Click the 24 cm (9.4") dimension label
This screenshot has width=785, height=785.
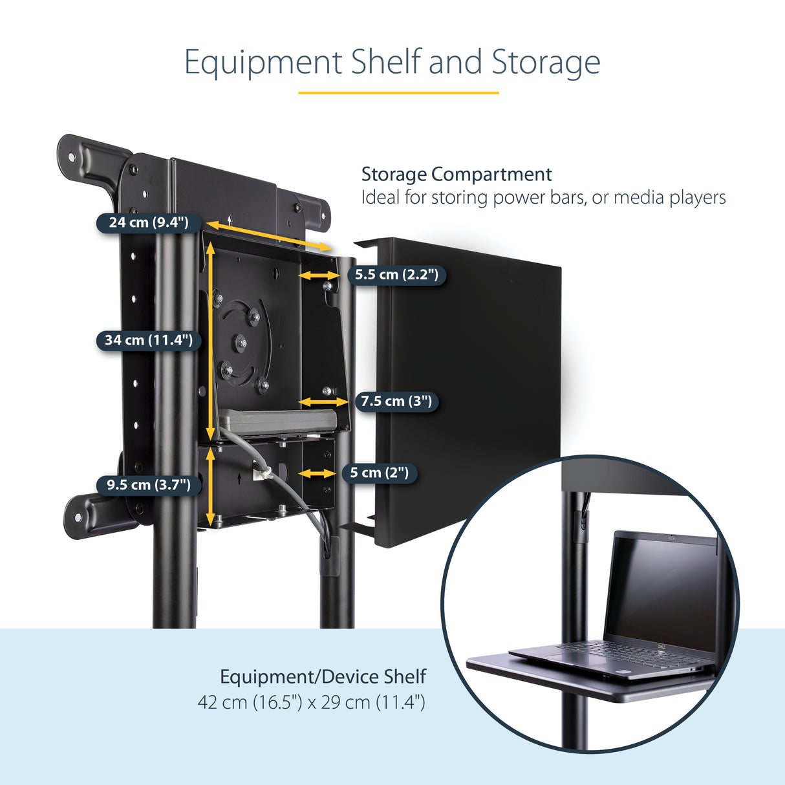click(x=149, y=222)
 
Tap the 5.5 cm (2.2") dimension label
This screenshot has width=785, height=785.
click(x=396, y=275)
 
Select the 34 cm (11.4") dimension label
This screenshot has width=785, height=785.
click(x=149, y=340)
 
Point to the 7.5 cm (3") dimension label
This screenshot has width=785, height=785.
click(x=396, y=402)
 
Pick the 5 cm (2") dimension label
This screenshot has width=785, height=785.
click(x=380, y=473)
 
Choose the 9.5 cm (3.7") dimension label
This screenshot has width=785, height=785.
click(x=149, y=485)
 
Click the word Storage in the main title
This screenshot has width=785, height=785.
click(x=546, y=63)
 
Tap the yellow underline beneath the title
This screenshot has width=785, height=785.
click(x=398, y=93)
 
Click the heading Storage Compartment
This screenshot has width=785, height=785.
click(x=457, y=175)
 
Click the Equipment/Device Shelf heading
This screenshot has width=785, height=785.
click(x=323, y=677)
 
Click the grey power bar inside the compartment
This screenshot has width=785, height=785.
click(x=278, y=420)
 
